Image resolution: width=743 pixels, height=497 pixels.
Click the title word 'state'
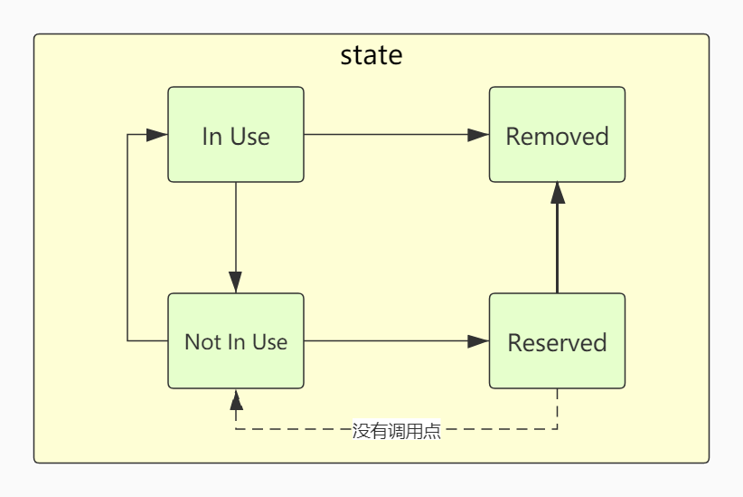tap(371, 55)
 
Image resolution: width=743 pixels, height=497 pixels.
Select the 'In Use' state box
tap(236, 135)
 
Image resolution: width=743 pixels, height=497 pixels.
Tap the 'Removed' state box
tap(557, 135)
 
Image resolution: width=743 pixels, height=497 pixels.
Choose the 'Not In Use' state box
tap(236, 341)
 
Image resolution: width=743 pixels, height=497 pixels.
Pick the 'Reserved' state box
tap(557, 341)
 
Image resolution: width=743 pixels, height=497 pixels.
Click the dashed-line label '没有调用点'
tap(397, 431)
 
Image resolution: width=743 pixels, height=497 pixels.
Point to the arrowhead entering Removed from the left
tap(478, 135)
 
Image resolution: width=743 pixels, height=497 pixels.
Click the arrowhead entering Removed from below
tap(558, 192)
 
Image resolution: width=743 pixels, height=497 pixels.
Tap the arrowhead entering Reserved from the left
tap(478, 341)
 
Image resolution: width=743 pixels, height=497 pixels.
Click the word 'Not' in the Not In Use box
tap(202, 342)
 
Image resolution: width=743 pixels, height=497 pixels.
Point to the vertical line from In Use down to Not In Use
tap(236, 226)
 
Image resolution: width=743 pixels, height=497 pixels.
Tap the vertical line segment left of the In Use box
tap(127, 235)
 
